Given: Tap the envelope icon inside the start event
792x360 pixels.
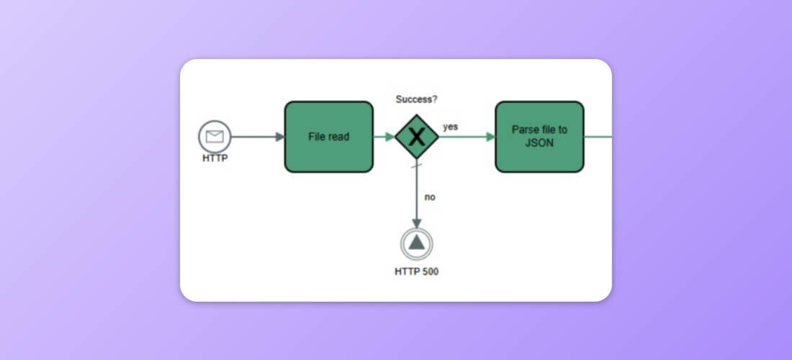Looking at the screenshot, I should click(215, 136).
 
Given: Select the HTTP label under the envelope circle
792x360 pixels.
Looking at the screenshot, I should click(215, 158).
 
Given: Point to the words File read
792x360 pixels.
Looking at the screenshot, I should click(328, 137).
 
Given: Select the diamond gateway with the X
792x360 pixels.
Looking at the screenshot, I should click(416, 137).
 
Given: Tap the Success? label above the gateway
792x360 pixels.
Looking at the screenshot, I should click(418, 99).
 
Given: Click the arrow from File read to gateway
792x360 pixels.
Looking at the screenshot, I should click(384, 137).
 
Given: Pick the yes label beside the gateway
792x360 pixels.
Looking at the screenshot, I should click(450, 127).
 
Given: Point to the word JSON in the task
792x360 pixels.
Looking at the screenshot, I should click(539, 143).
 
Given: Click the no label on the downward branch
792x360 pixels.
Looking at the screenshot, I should click(429, 197).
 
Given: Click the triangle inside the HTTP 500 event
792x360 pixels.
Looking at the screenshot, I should click(416, 243).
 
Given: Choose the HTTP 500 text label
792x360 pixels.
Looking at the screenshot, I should click(416, 271).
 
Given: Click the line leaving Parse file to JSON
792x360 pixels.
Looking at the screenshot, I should click(598, 137).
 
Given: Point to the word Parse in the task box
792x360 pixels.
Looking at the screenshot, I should click(523, 130).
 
